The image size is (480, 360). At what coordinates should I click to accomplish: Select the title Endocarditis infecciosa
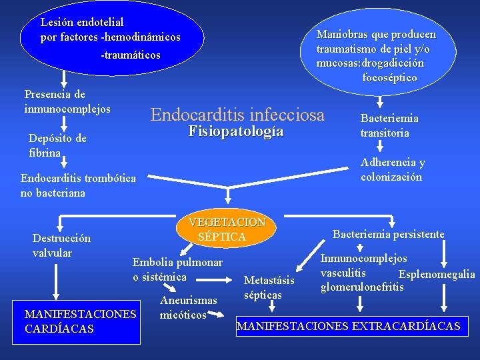click(237, 115)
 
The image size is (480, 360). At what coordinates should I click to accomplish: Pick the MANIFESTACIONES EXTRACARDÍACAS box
click(349, 326)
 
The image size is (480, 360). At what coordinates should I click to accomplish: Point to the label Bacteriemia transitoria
click(389, 125)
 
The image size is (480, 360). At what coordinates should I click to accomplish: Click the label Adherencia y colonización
click(392, 169)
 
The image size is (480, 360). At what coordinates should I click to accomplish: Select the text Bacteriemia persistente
click(388, 234)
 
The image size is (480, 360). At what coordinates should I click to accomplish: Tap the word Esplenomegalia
click(437, 275)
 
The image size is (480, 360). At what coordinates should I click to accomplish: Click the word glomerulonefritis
click(362, 287)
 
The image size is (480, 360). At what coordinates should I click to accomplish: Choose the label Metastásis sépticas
click(269, 287)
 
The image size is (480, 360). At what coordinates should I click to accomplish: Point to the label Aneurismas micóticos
click(188, 307)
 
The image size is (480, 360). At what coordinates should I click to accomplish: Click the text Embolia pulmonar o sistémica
click(177, 269)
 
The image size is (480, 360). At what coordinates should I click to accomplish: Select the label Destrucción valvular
click(61, 245)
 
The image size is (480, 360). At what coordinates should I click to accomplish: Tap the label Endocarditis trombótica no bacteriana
click(78, 185)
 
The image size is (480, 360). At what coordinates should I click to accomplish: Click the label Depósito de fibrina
click(57, 145)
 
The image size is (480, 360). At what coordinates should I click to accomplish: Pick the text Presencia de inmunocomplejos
click(67, 101)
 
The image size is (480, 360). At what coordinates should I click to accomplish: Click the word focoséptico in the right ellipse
click(390, 77)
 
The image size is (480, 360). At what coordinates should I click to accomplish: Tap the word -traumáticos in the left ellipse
click(131, 55)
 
